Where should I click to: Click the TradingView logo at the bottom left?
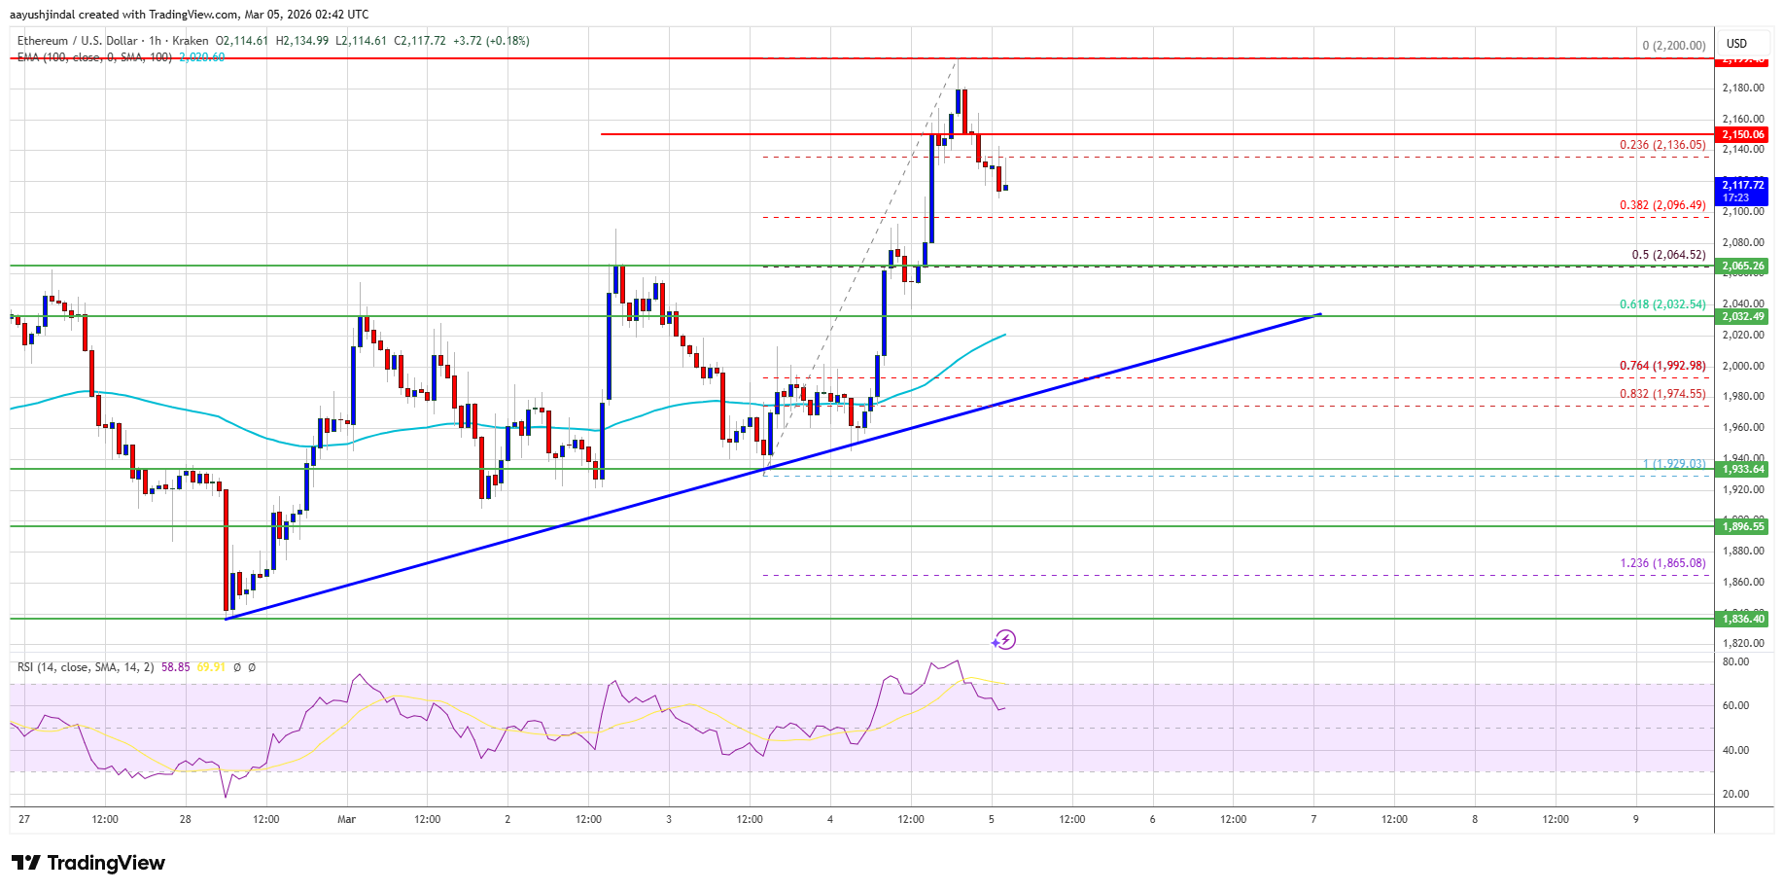click(x=88, y=863)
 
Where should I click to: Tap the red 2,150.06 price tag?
click(x=1743, y=134)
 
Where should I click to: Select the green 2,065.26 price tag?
click(x=1743, y=266)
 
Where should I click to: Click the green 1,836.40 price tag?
click(x=1743, y=619)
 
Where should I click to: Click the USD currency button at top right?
click(x=1736, y=44)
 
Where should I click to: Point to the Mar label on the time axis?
click(x=347, y=819)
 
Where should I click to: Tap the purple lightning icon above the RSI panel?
click(x=1004, y=640)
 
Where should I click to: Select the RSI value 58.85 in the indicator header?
click(x=176, y=667)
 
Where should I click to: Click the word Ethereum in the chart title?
click(x=43, y=41)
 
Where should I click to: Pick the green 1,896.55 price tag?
click(x=1743, y=526)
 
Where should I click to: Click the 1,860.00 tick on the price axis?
click(x=1741, y=582)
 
